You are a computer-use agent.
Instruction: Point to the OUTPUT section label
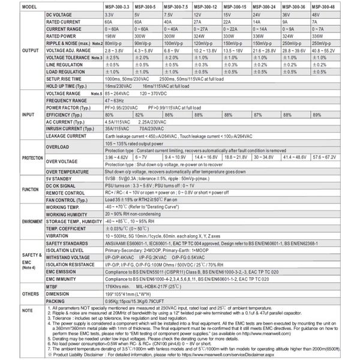[x=22, y=50]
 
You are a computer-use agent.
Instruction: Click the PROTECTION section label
[x=22, y=157]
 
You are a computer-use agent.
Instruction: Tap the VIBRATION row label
[x=61, y=237]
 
